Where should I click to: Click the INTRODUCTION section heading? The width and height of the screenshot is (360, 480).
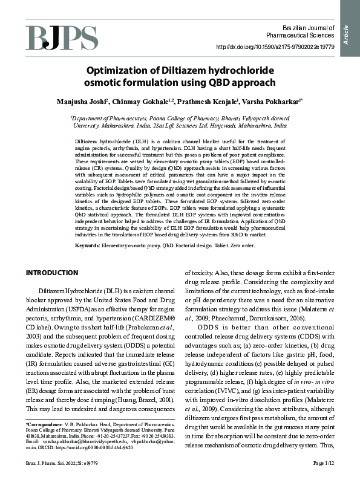(x=53, y=273)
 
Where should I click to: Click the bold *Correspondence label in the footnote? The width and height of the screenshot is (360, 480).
(x=44, y=426)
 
